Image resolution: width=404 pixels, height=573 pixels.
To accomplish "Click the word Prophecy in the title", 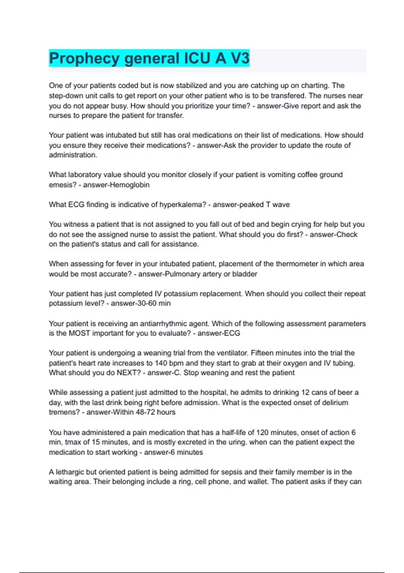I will (x=84, y=58).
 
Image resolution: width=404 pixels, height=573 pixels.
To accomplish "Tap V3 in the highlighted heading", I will (x=240, y=58).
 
